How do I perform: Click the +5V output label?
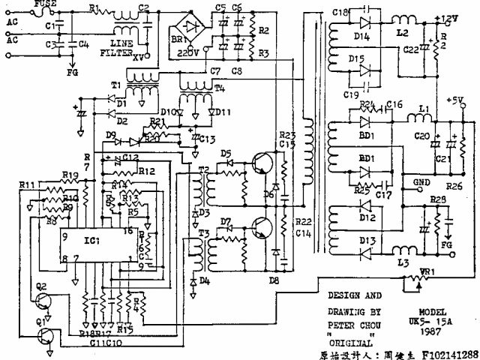[x=454, y=99]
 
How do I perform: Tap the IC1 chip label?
[x=93, y=241]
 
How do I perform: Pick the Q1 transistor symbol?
[x=47, y=334]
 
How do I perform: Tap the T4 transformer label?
[x=219, y=87]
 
